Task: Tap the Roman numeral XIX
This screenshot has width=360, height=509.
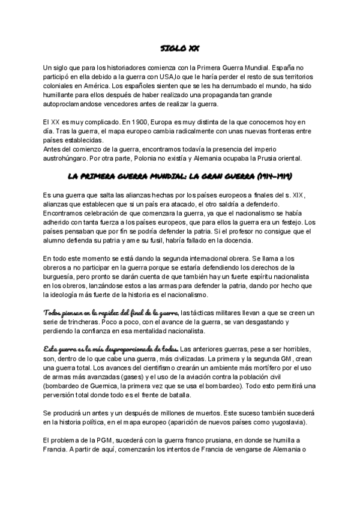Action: [x=305, y=196]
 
